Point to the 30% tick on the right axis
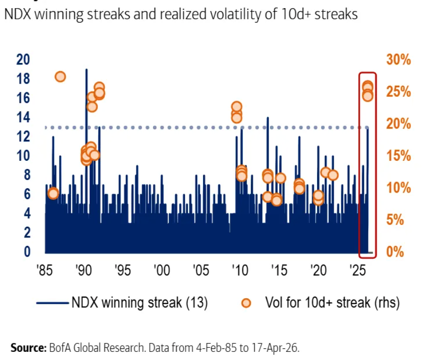(x=398, y=59)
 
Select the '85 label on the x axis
(x=45, y=269)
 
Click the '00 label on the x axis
(x=162, y=269)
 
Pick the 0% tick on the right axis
(x=395, y=252)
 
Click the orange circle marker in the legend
(x=247, y=303)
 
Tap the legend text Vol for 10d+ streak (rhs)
(x=332, y=303)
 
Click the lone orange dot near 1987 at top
(x=60, y=77)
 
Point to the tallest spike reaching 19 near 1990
(x=86, y=71)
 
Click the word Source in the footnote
(x=27, y=348)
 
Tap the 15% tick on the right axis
(x=398, y=156)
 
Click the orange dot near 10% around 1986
(x=53, y=193)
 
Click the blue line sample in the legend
(x=52, y=303)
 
